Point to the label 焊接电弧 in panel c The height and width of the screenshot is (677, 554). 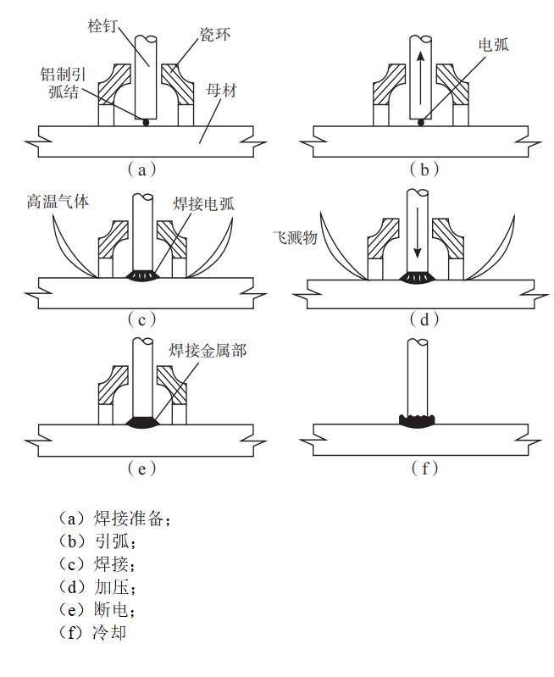pyautogui.click(x=211, y=203)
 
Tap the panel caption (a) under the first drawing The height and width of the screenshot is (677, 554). pyautogui.click(x=141, y=169)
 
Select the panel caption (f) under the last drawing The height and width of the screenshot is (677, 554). pyautogui.click(x=424, y=468)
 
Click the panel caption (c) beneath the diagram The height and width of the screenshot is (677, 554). pyautogui.click(x=141, y=319)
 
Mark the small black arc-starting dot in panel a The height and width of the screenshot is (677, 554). pyautogui.click(x=146, y=123)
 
